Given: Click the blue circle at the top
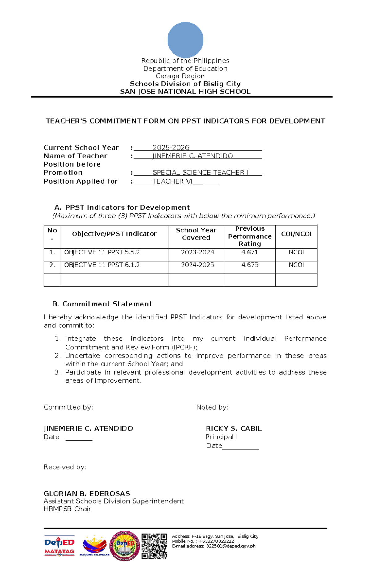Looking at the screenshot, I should (185, 40).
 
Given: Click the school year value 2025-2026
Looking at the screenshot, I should (171, 148).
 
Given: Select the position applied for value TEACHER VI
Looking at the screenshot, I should (172, 181).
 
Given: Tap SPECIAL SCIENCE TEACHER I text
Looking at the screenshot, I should (200, 173).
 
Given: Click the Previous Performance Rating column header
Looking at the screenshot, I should (249, 236).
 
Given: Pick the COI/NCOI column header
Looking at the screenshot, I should (296, 234).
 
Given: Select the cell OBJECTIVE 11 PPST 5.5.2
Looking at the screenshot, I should (102, 253).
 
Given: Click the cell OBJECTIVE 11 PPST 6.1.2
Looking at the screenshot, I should (102, 265).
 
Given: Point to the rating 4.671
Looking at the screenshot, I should (249, 252).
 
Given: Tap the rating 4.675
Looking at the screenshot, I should (249, 265).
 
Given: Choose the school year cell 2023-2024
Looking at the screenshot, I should (197, 252).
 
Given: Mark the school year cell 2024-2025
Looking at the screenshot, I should (197, 265).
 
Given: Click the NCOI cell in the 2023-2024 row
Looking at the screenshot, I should (296, 252).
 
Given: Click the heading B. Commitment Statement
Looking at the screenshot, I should (102, 304).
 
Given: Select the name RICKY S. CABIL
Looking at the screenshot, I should (234, 429).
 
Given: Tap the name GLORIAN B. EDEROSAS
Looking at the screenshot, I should (87, 493).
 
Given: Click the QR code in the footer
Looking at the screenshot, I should (154, 546).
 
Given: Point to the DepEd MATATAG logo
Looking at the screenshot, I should (59, 546).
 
